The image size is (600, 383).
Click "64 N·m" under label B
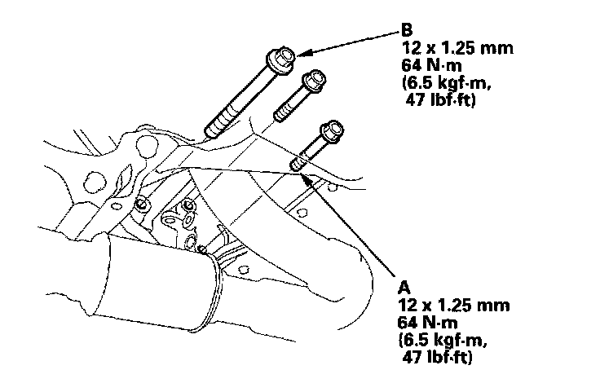(430, 68)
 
